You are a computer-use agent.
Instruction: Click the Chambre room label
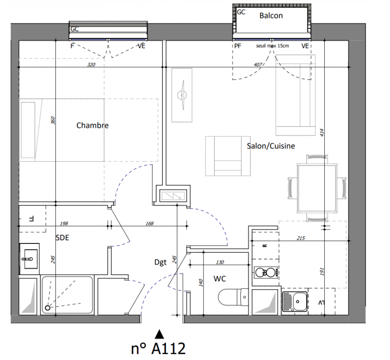92,125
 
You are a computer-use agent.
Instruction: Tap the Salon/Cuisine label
271,146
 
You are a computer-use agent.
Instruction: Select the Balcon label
271,16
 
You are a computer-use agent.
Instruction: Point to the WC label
220,279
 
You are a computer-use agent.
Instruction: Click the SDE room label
62,238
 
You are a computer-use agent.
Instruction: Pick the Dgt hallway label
160,262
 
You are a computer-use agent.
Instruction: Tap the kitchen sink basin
300,301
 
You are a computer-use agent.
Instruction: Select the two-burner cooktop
266,273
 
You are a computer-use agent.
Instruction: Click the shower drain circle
47,308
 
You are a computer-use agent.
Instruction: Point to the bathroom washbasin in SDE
29,259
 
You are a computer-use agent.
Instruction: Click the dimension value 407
258,65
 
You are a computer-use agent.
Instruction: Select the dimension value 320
91,65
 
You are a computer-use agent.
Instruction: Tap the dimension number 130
220,262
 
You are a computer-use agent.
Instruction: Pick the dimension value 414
322,132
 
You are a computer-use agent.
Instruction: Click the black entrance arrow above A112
159,334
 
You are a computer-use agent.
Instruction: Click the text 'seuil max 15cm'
272,46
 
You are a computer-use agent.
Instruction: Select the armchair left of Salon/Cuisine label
228,156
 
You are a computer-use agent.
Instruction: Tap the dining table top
317,188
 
